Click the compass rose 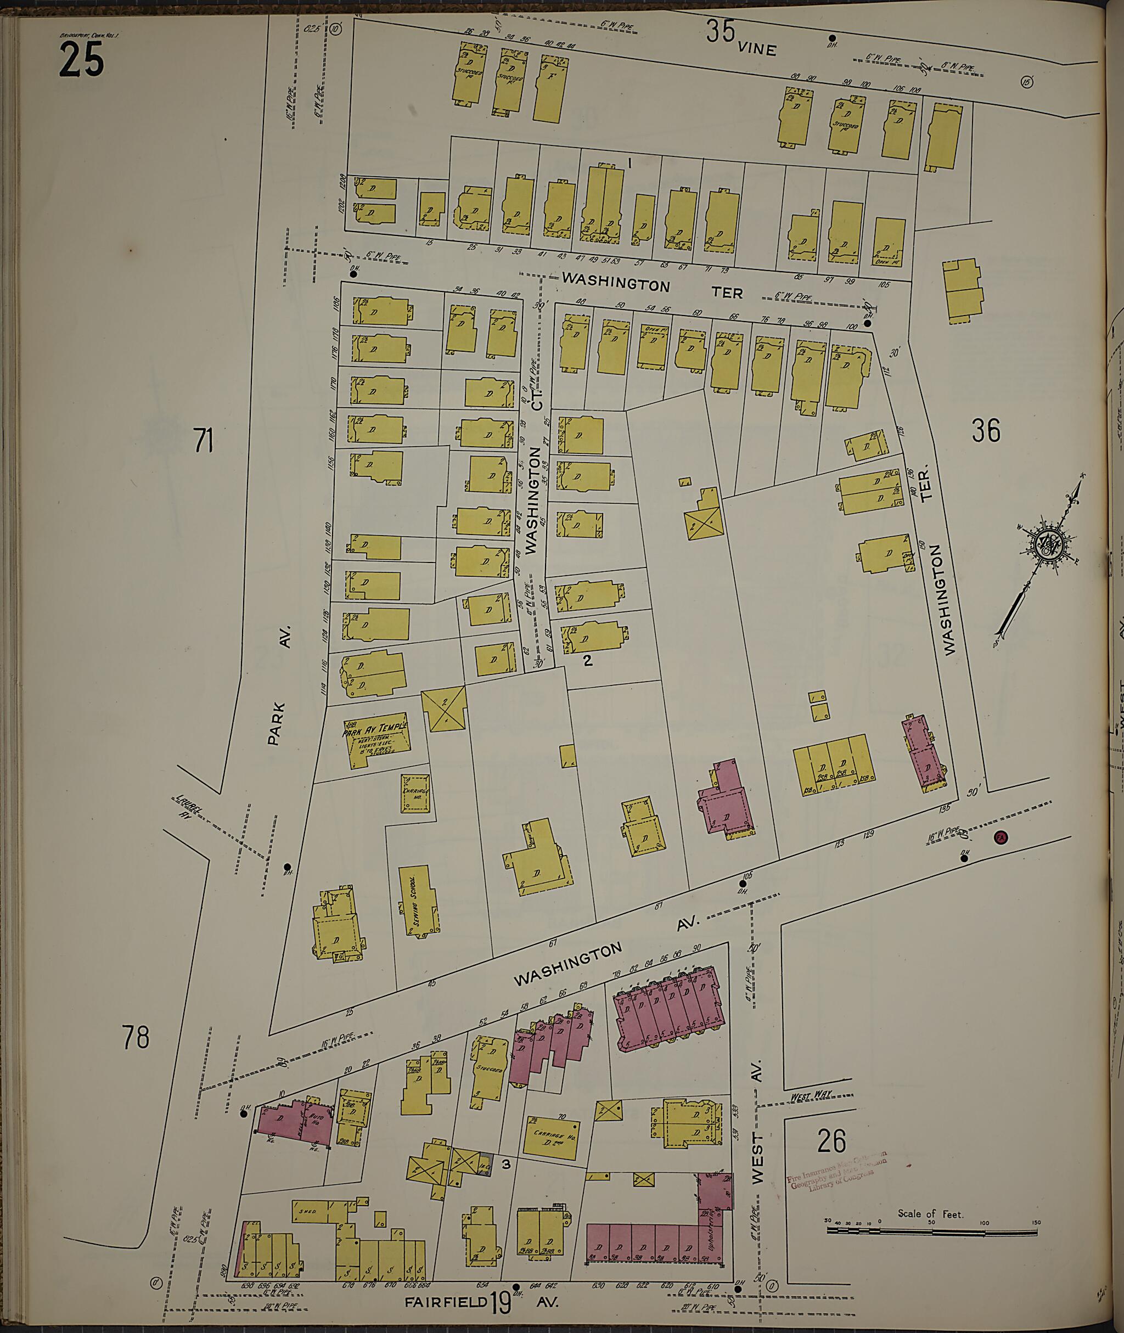tap(1052, 545)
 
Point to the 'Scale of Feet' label tap(930, 1214)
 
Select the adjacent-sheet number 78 tap(136, 1037)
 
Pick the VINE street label tap(757, 48)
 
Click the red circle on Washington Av tap(1001, 837)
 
